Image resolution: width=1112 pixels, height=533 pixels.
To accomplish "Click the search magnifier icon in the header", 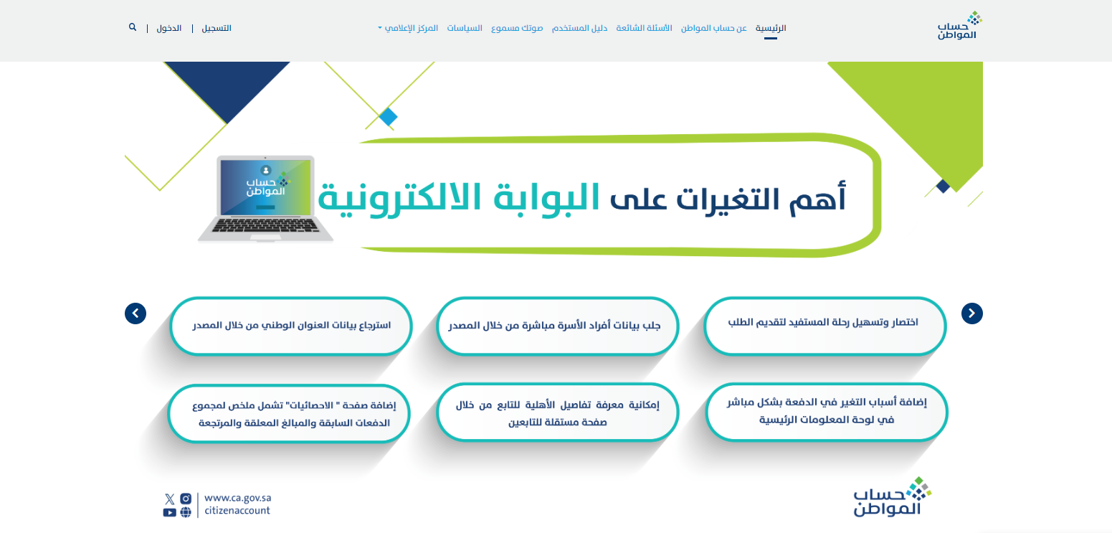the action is click(x=133, y=27).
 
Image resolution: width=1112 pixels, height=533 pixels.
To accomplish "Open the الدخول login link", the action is click(x=168, y=28).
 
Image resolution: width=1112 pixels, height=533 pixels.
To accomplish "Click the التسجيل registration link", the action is click(x=217, y=28).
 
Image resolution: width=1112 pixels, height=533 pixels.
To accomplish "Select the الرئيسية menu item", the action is click(x=771, y=28).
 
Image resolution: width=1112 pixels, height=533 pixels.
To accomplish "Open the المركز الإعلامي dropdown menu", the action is click(x=408, y=28).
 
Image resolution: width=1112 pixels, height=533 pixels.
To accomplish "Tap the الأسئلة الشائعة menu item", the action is click(x=644, y=28).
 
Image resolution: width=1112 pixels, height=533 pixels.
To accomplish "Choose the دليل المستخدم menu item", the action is click(x=579, y=28).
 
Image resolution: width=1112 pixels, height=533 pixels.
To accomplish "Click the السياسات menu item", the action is click(x=465, y=28).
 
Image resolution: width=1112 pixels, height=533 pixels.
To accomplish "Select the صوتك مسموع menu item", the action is click(x=517, y=28).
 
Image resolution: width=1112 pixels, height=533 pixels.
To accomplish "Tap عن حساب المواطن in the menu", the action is click(x=714, y=28).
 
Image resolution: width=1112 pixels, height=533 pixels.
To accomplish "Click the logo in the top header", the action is click(x=959, y=25).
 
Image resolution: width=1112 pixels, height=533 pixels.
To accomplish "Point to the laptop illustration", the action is click(x=265, y=199).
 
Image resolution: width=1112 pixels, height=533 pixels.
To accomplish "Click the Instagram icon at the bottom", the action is click(x=186, y=499).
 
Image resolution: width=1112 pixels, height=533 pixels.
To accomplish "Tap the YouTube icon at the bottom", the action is click(x=169, y=512).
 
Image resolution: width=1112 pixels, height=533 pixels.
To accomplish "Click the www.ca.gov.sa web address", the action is click(x=238, y=498).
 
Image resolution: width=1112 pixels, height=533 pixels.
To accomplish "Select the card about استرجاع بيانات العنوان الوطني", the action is click(x=291, y=326).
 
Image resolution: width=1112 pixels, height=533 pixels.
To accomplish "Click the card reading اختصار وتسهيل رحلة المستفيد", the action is click(x=825, y=326).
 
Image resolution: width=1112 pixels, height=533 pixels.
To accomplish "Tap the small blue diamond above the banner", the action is click(x=388, y=117).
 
